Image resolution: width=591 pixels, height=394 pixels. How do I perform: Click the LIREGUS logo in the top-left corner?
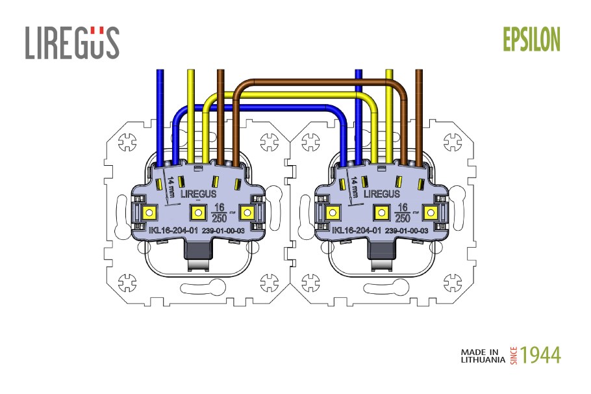[x=72, y=43]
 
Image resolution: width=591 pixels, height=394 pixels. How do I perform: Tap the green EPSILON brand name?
[x=531, y=39]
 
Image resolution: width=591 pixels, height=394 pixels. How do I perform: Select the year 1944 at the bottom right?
[x=540, y=355]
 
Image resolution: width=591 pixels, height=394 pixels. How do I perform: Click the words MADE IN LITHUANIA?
[x=483, y=356]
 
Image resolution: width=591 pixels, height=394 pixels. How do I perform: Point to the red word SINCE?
[x=514, y=356]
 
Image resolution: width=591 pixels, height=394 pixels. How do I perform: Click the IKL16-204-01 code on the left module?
[x=173, y=230]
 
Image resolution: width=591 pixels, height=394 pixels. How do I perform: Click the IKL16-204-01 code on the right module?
[x=357, y=230]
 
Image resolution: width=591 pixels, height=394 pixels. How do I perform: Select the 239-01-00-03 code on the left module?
[x=223, y=231]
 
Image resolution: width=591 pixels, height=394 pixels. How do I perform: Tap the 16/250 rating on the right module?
[x=403, y=213]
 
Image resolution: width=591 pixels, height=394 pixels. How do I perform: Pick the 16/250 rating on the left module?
[x=219, y=213]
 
